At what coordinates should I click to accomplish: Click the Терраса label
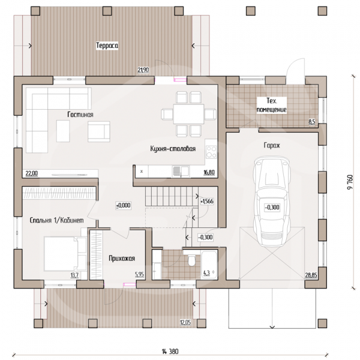(107, 46)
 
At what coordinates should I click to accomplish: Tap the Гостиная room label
(80, 115)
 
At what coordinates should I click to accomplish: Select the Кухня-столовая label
(173, 149)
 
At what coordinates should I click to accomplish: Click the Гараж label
(272, 145)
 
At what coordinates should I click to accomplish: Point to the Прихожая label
(122, 259)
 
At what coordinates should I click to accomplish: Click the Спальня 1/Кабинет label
(57, 220)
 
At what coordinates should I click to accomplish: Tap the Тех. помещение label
(272, 105)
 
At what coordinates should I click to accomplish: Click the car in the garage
(272, 201)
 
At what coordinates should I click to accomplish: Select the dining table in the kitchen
(189, 114)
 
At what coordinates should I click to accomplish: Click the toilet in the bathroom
(191, 260)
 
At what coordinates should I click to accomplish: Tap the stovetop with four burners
(211, 152)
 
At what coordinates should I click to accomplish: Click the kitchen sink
(181, 172)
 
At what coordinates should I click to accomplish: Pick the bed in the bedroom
(65, 254)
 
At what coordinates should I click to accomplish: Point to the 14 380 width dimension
(170, 351)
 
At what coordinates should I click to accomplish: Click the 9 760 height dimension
(350, 182)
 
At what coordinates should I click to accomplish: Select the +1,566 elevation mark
(207, 202)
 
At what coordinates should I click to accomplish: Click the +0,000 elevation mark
(124, 205)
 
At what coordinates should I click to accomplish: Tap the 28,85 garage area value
(311, 275)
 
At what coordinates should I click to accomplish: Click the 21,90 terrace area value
(143, 70)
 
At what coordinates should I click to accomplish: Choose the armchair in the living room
(99, 131)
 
